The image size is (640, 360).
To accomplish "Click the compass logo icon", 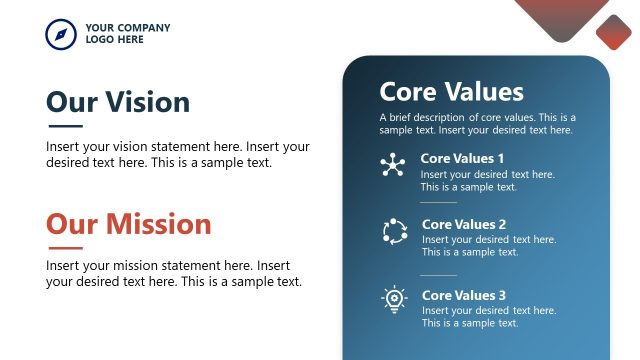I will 61,34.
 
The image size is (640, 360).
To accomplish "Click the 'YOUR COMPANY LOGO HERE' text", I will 127,34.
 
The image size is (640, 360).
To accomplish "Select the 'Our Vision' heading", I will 118,102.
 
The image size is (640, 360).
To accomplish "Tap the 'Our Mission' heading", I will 129,223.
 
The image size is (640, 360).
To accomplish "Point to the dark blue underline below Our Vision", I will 65,126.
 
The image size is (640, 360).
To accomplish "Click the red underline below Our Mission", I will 65,247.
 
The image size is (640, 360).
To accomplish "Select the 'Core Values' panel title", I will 451,92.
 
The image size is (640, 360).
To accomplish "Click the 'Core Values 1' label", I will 462,158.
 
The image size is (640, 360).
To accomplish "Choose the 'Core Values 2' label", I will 464,224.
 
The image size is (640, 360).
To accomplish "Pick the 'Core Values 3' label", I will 464,295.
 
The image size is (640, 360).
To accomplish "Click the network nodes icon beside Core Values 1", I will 393,166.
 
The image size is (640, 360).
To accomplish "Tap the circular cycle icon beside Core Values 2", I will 394,232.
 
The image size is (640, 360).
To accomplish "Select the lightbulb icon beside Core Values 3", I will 394,300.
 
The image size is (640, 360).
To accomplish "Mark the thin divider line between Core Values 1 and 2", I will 438,202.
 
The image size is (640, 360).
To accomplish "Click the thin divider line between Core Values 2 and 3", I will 438,274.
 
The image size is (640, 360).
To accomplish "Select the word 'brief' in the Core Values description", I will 402,117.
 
